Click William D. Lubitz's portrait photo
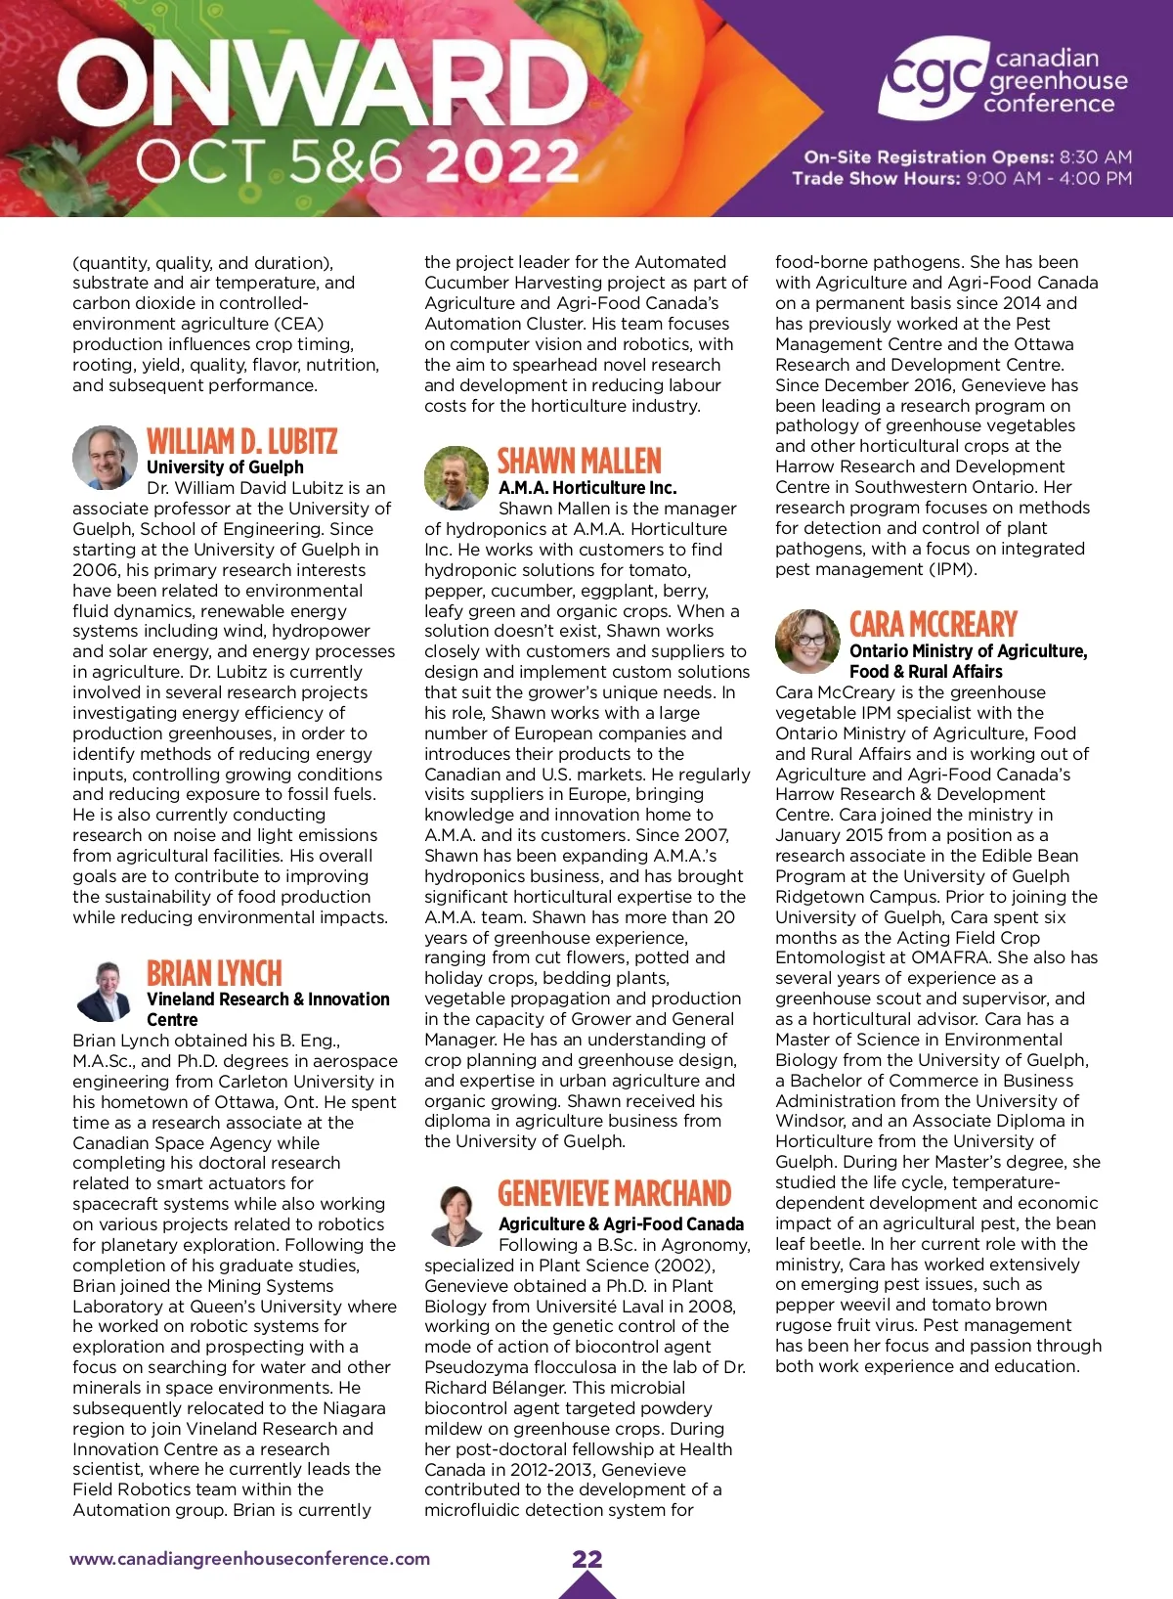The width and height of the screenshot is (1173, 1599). coord(104,457)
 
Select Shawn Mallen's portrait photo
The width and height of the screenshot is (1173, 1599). coord(456,477)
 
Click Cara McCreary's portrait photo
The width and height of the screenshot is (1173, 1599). coord(807,641)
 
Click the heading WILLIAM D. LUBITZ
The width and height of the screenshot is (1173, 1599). coord(241,441)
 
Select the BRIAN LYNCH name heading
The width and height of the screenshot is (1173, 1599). coord(214,973)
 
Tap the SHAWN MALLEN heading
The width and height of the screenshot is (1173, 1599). coord(580,462)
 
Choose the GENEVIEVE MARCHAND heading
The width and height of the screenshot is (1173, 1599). coord(614,1193)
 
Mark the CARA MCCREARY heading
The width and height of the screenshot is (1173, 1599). coord(933,624)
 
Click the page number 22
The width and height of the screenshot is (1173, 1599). coord(586,1559)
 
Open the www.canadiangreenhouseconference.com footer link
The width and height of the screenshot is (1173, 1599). coord(249,1559)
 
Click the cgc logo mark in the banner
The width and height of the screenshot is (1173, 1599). coord(932,78)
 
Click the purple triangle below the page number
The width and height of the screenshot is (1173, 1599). coord(586,1586)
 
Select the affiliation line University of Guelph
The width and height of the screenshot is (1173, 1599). coord(225,467)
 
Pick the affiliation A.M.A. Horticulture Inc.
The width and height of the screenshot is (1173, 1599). coord(586,487)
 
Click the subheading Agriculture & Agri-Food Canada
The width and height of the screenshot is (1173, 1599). coord(621,1224)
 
